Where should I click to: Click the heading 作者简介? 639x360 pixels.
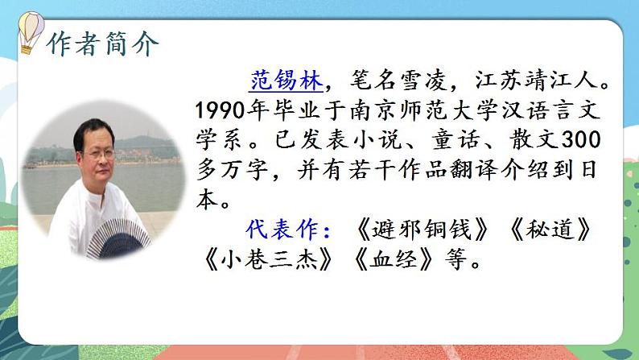click(103, 43)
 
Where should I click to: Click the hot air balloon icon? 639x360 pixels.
click(31, 34)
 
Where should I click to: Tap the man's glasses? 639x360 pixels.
click(97, 152)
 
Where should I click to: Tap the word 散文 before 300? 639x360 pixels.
click(530, 140)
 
